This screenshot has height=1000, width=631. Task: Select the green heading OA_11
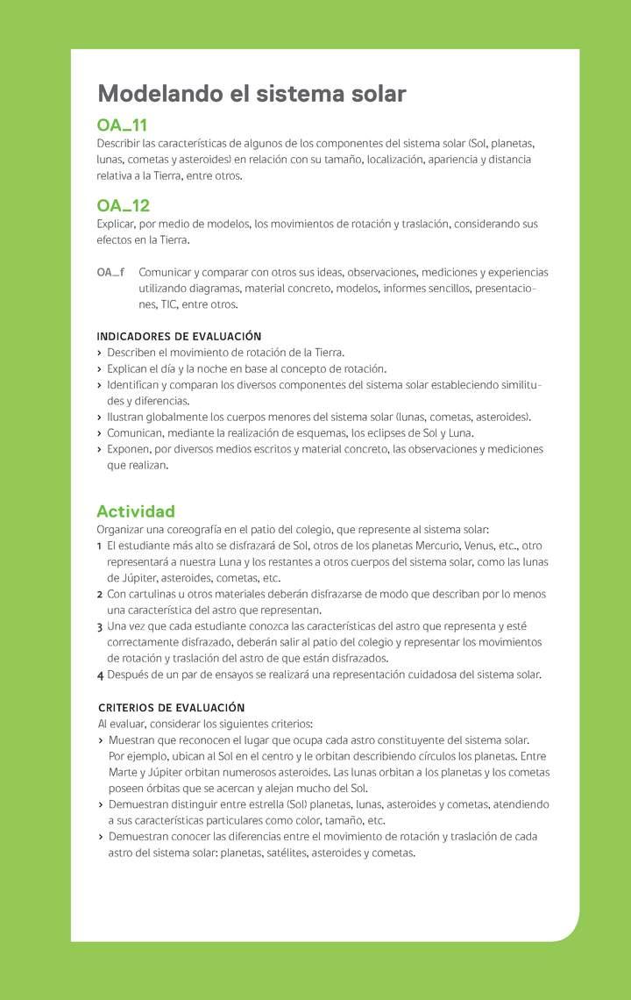(122, 125)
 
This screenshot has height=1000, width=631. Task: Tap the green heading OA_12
(123, 205)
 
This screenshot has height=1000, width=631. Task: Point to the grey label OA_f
(110, 273)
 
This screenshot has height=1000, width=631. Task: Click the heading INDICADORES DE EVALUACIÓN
(179, 336)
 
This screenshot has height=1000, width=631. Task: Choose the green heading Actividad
(136, 511)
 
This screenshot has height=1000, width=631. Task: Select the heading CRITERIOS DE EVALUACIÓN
(171, 708)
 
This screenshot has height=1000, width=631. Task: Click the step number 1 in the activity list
(100, 546)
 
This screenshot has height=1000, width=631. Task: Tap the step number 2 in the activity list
(100, 595)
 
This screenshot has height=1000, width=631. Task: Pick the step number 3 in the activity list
(100, 626)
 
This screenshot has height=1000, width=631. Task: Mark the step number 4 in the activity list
(100, 675)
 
